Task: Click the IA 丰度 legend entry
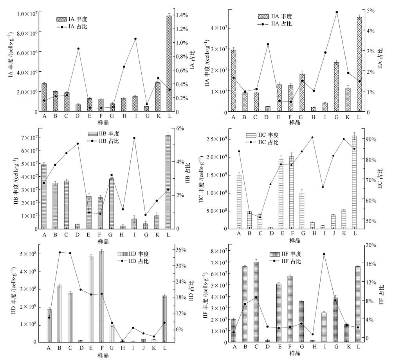click(x=71, y=19)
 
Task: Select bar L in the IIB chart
click(x=168, y=182)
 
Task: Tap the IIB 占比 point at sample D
click(x=78, y=144)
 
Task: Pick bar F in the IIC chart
click(x=291, y=192)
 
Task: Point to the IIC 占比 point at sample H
click(x=312, y=137)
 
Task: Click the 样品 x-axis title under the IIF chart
click(x=295, y=354)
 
